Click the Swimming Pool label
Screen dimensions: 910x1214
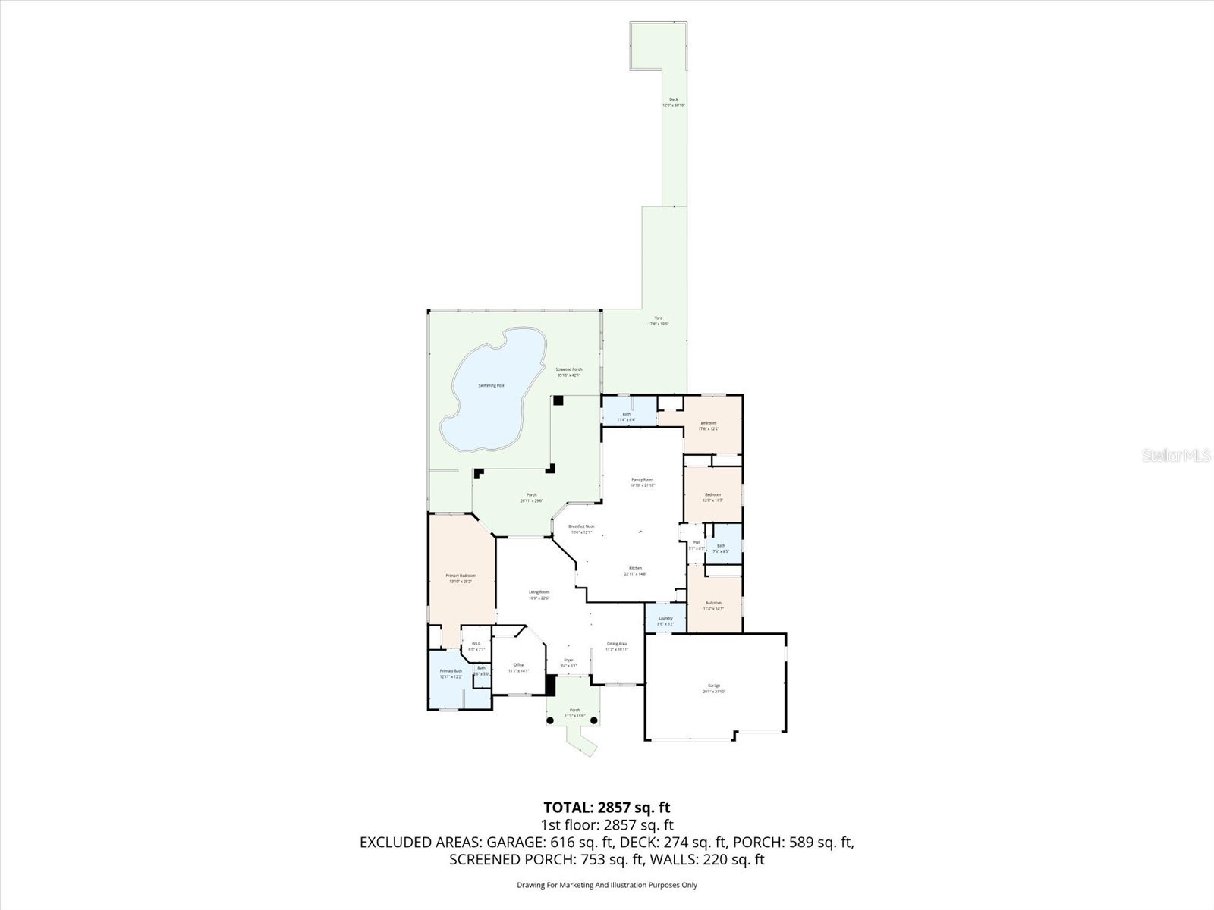click(491, 385)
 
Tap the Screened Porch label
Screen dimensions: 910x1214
click(568, 369)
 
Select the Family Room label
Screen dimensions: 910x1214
click(643, 479)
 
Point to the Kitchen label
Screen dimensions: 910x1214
click(635, 568)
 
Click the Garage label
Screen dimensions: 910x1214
click(714, 686)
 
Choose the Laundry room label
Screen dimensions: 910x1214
click(665, 618)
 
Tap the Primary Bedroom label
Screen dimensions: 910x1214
click(461, 576)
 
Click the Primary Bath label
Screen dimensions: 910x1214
click(451, 671)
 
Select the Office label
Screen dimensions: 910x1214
click(519, 665)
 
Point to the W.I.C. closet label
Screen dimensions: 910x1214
click(476, 645)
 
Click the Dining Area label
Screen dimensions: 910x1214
click(616, 644)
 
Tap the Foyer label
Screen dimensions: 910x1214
click(568, 661)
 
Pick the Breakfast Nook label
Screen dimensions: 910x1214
click(581, 526)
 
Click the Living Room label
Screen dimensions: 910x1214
click(539, 592)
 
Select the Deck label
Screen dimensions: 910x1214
click(673, 99)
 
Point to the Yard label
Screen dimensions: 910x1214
click(658, 318)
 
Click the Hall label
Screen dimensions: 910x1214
click(697, 542)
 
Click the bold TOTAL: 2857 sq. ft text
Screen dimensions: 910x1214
click(607, 807)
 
